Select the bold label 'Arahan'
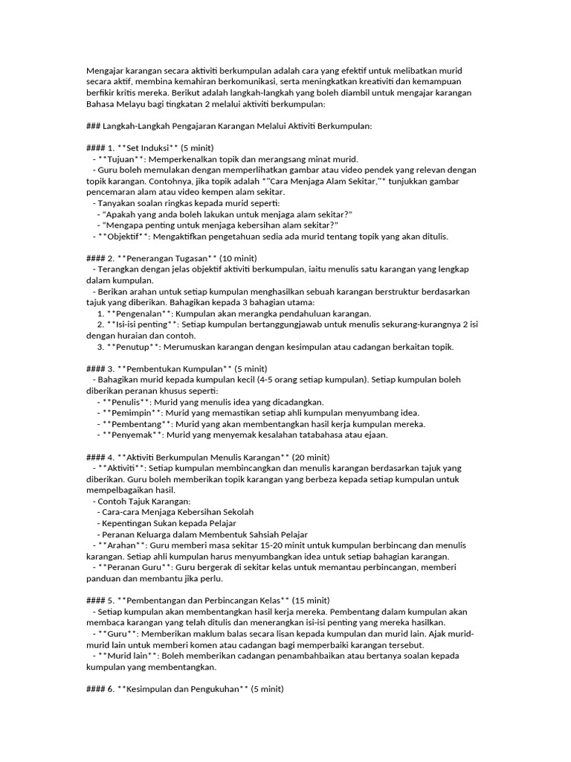click(123, 545)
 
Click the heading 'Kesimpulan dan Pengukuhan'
click(182, 689)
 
